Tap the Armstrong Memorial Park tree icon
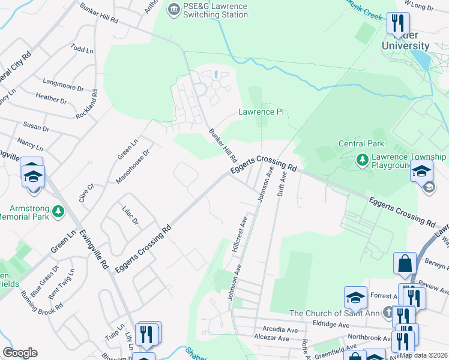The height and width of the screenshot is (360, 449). (x=58, y=211)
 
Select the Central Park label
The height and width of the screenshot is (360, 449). (x=361, y=144)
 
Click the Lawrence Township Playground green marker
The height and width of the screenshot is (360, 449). (x=363, y=159)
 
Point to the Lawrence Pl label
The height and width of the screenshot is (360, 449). (x=261, y=112)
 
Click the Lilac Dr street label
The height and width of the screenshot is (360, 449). (x=130, y=215)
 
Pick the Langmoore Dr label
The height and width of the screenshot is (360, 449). (x=63, y=84)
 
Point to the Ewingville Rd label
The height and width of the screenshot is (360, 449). (x=95, y=248)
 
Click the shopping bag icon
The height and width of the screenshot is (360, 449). (x=405, y=264)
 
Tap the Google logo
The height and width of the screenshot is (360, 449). (x=20, y=353)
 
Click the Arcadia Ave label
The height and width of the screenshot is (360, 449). (x=280, y=329)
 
